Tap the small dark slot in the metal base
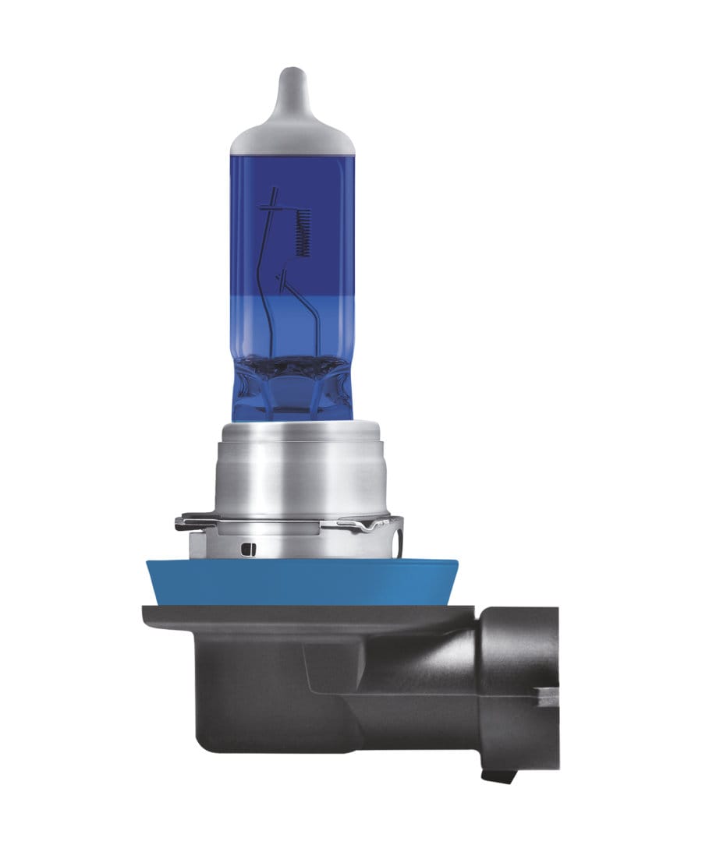tap(248, 549)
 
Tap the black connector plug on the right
tap(515, 686)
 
